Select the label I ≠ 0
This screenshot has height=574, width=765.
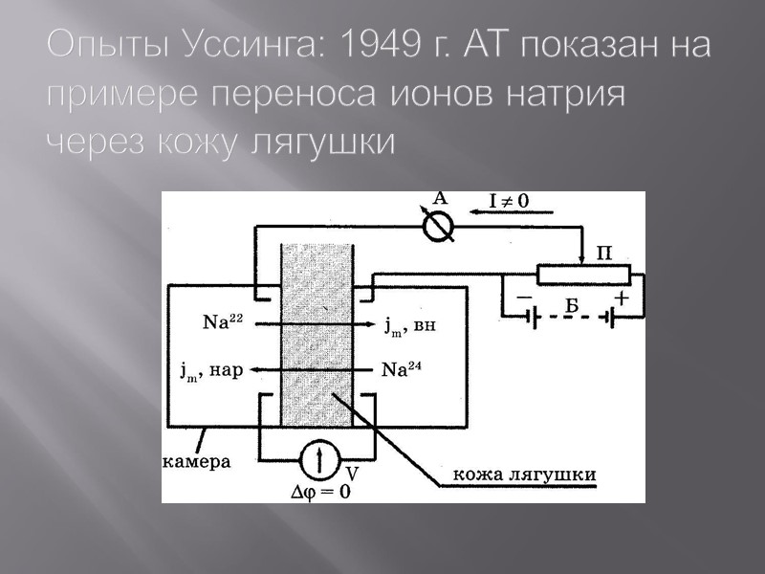[509, 201]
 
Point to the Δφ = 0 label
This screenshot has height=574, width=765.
[319, 493]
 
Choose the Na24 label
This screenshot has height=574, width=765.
[400, 369]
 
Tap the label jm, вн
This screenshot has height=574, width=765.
[410, 325]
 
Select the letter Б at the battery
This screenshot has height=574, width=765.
[572, 305]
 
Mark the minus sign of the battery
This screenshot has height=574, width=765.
[524, 298]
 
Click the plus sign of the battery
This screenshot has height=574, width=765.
[622, 298]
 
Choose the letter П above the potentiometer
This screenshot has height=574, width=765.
[603, 253]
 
